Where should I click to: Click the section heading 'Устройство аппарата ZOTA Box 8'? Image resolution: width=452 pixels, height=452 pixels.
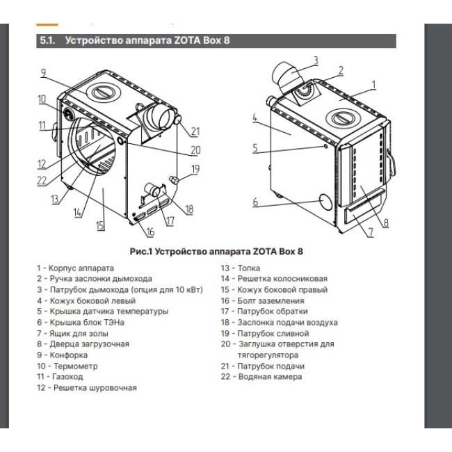[x=147, y=40]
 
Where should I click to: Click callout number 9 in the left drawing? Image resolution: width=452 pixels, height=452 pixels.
[x=42, y=72]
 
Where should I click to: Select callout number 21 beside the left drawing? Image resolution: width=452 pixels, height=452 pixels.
[x=195, y=131]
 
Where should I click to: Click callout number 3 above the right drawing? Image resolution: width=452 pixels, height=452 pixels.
[x=314, y=60]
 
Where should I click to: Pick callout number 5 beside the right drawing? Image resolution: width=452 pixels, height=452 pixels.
[x=255, y=147]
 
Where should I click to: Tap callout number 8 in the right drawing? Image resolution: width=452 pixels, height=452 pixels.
[x=386, y=223]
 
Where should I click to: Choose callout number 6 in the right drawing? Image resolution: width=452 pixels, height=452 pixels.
[x=255, y=202]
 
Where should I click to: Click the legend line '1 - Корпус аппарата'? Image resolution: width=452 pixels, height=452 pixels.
[x=75, y=268]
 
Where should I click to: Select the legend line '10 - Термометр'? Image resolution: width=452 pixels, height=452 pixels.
[x=67, y=365]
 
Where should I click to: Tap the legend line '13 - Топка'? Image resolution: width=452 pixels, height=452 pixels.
[x=236, y=268]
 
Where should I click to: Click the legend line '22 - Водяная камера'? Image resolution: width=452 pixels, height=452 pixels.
[x=261, y=376]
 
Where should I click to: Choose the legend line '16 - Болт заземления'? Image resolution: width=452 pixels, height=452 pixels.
[x=262, y=300]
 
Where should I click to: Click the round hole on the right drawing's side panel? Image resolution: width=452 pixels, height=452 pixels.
[x=325, y=201]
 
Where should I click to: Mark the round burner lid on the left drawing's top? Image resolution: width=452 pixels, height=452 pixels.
[x=102, y=92]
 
